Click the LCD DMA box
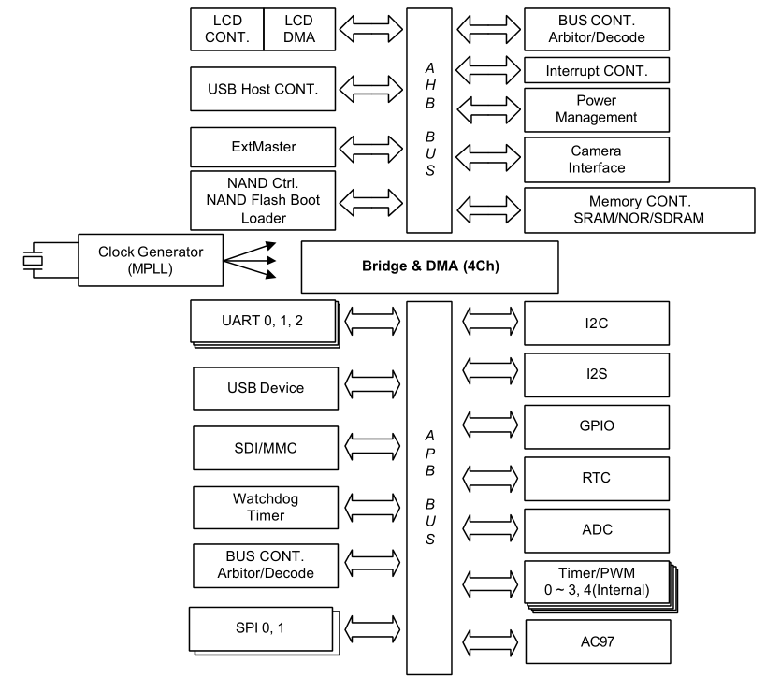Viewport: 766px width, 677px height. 298,29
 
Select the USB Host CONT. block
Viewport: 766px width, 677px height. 263,91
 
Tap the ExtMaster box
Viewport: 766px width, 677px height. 263,148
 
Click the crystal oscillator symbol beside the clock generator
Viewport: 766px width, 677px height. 34,260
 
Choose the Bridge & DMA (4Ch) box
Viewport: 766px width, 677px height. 429,266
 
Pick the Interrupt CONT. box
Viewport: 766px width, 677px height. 597,71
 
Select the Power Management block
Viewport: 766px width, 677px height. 597,110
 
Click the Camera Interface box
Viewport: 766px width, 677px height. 597,159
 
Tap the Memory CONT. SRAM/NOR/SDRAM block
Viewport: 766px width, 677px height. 640,209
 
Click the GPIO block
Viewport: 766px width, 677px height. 597,426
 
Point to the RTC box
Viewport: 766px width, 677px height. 597,478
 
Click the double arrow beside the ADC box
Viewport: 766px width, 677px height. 490,529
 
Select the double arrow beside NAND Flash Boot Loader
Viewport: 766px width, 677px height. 373,200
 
